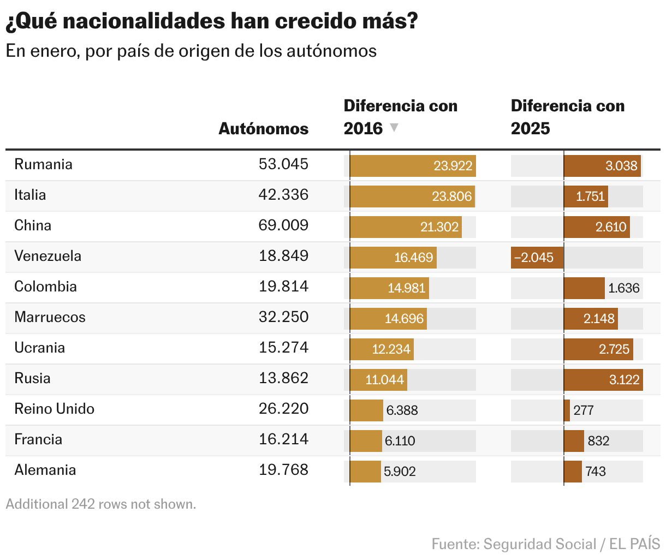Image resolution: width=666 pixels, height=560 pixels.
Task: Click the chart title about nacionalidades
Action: (x=212, y=21)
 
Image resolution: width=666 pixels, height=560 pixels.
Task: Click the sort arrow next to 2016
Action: (x=394, y=128)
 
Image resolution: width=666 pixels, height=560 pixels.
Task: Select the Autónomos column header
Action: (x=263, y=129)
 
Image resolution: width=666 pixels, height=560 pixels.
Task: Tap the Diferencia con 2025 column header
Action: (x=567, y=117)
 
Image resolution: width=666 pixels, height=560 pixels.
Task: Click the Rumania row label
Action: (x=43, y=165)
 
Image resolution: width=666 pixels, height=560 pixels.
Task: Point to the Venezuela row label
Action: (x=47, y=257)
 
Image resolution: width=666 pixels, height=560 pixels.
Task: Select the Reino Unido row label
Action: (x=54, y=409)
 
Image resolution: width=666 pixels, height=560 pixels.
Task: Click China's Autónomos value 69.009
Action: (x=283, y=226)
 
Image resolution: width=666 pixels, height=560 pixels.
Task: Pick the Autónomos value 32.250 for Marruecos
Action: (x=283, y=318)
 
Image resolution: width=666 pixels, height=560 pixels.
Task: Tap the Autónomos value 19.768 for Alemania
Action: (x=283, y=470)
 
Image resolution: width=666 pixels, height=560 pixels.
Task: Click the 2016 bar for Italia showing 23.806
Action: (x=412, y=196)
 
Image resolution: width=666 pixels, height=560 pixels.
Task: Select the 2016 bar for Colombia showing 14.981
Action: (x=389, y=288)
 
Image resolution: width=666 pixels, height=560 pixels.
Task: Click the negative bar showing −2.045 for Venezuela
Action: (x=537, y=258)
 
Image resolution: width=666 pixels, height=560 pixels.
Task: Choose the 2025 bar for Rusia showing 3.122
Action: (x=603, y=380)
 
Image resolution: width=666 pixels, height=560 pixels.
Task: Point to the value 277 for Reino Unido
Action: (x=584, y=410)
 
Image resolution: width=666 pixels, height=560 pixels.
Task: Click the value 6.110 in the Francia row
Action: (x=400, y=441)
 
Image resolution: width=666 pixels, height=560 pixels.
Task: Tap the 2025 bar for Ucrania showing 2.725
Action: (x=598, y=349)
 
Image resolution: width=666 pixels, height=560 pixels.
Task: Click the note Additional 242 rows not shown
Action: (x=101, y=504)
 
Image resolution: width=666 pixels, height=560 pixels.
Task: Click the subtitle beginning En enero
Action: (x=191, y=51)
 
